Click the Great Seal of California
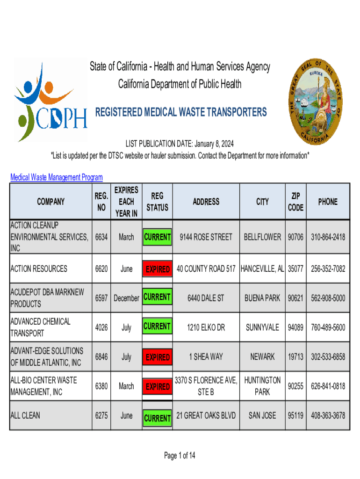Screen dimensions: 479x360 316,102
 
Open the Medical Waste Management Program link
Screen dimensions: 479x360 57,177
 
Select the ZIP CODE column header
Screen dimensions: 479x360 295,202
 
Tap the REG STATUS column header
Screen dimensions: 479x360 157,202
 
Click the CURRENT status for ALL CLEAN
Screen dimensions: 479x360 157,418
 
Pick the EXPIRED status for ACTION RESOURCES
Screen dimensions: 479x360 157,269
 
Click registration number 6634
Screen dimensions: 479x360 101,237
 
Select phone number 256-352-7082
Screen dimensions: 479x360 328,269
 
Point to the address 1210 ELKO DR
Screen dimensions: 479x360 206,327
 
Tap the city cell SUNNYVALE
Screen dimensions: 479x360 262,327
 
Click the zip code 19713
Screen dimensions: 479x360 295,357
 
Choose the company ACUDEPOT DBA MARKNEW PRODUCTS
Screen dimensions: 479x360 47,298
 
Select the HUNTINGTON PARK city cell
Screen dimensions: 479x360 262,386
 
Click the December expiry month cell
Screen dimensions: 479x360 126,298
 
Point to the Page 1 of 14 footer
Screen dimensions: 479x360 180,456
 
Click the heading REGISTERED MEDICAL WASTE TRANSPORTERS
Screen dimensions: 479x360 181,112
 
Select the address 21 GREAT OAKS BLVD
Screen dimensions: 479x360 206,415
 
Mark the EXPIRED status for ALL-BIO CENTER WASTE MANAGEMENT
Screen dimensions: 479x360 157,387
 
